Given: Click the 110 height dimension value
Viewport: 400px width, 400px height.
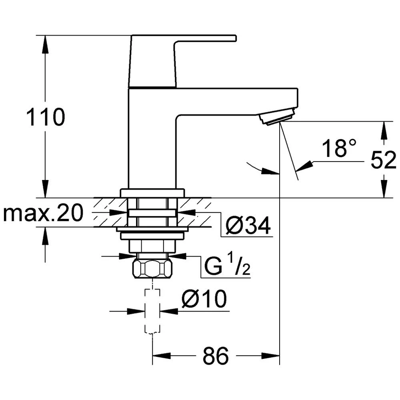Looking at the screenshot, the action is [46, 117].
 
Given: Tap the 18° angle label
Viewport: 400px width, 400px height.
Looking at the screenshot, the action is [339, 148].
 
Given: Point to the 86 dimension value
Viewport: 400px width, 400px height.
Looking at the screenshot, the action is [216, 356].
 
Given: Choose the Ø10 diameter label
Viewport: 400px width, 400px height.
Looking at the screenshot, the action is [204, 298].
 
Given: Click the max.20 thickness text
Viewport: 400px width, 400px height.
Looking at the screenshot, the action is [43, 213].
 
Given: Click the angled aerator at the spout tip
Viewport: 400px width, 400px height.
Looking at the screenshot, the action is [277, 117].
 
